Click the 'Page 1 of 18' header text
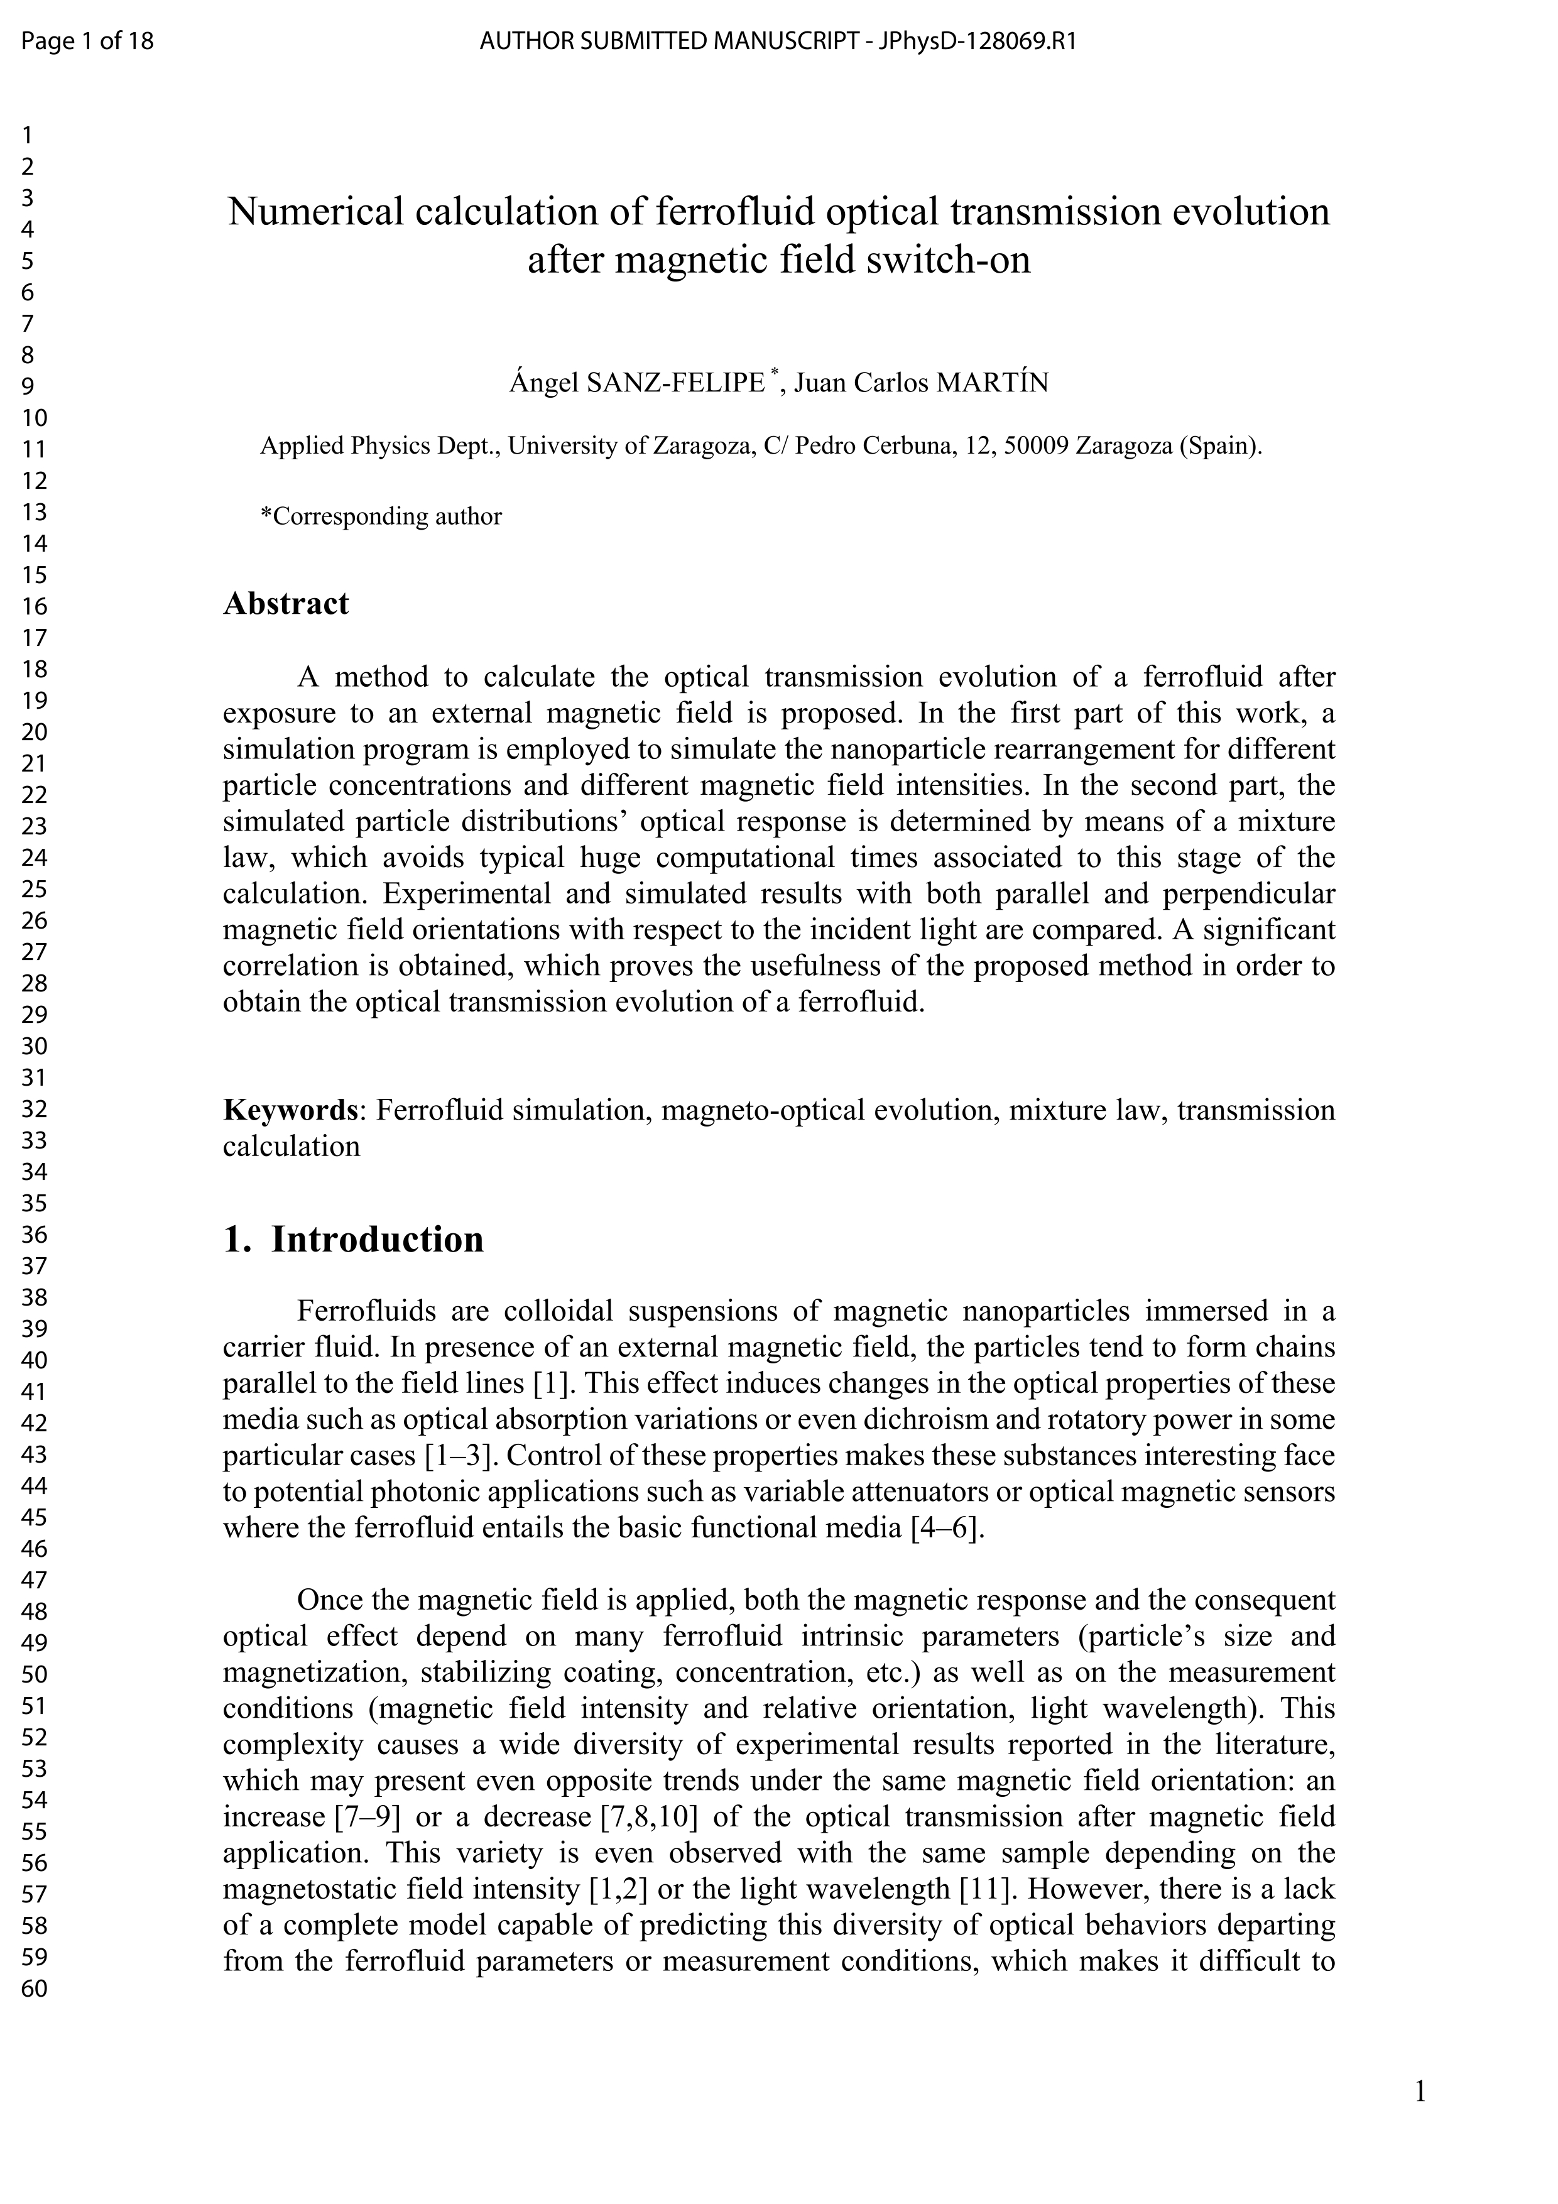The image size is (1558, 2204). coord(87,41)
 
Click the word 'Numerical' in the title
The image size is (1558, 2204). coord(315,212)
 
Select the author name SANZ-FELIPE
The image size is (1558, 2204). coord(675,383)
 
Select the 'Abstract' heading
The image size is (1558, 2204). coord(286,604)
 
